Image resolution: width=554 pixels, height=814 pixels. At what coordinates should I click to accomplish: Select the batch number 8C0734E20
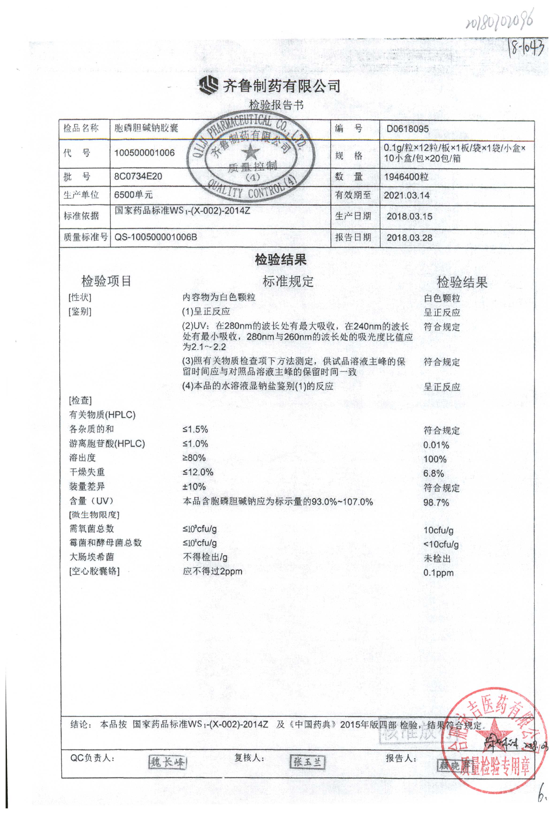[x=138, y=176]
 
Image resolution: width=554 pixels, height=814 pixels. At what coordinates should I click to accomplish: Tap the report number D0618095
[x=407, y=129]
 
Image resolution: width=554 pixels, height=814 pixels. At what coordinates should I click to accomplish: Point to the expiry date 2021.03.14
[x=406, y=195]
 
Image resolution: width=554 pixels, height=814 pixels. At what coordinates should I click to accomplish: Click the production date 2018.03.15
[x=409, y=217]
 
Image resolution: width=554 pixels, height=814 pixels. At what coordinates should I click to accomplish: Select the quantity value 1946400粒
[x=406, y=177]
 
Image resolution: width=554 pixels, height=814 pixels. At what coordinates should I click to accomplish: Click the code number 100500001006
[x=144, y=153]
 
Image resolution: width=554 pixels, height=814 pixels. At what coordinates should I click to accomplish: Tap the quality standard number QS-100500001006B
[x=155, y=237]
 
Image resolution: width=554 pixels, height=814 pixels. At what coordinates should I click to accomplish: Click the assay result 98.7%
[x=436, y=503]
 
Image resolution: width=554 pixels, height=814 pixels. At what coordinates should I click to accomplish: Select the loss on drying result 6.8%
[x=433, y=473]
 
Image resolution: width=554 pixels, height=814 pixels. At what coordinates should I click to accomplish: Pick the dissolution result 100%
[x=435, y=459]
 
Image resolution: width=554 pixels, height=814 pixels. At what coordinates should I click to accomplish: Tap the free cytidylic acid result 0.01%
[x=436, y=445]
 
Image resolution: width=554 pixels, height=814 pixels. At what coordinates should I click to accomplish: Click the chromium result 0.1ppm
[x=438, y=573]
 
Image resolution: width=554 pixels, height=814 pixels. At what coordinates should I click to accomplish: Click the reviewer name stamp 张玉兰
[x=308, y=761]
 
